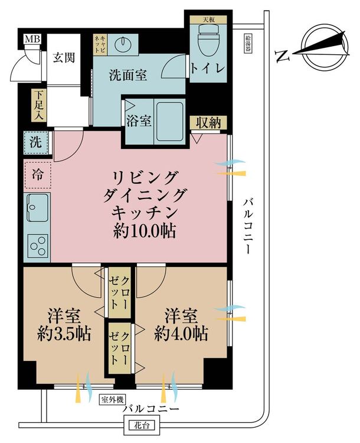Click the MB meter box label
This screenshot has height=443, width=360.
click(32, 39)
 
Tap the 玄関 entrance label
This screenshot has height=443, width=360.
click(64, 58)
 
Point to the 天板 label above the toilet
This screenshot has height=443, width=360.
click(208, 19)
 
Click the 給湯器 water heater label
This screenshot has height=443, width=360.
click(248, 43)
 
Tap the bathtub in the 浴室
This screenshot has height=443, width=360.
click(170, 122)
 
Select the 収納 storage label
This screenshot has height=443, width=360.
click(208, 123)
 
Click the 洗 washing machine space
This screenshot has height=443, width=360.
click(36, 143)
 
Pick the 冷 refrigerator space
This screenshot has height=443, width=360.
click(38, 175)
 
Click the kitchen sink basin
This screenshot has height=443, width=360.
click(38, 208)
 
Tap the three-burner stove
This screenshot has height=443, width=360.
click(38, 246)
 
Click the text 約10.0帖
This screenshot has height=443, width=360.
click(144, 232)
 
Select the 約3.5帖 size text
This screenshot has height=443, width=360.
click(64, 334)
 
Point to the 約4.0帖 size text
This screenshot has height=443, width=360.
click(181, 334)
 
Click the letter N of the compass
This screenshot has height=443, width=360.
click(283, 56)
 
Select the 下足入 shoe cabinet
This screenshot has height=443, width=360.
click(39, 105)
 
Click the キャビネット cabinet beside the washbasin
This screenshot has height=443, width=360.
click(100, 45)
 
